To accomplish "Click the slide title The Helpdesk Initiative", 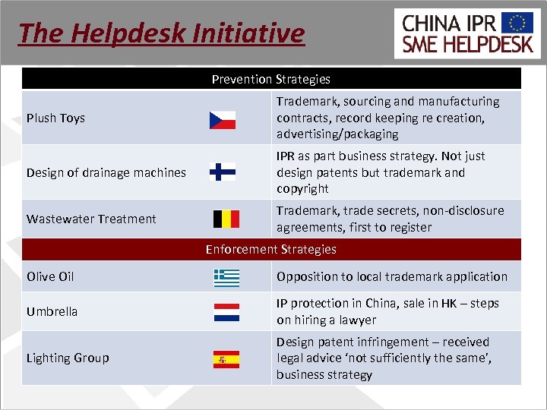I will [161, 33].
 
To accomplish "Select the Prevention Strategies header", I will [271, 79].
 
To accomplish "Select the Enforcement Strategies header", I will [271, 249].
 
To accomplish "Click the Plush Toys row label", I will [56, 118].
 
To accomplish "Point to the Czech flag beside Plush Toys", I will [223, 120].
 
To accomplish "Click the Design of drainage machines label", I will [106, 172].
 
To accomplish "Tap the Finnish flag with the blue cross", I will [223, 172].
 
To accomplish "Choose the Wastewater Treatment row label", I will [91, 219].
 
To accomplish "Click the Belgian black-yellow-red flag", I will [226, 219].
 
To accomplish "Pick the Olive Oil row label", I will [50, 276].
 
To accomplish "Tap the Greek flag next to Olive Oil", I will [226, 278].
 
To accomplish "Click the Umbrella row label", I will [52, 311].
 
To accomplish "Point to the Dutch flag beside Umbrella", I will [226, 313].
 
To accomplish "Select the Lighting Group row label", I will [68, 358].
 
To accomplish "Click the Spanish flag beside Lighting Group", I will [226, 359].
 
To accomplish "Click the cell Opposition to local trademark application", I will [392, 276].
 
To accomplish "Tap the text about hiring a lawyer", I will [387, 311].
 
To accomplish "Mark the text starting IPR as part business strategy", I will [380, 172].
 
